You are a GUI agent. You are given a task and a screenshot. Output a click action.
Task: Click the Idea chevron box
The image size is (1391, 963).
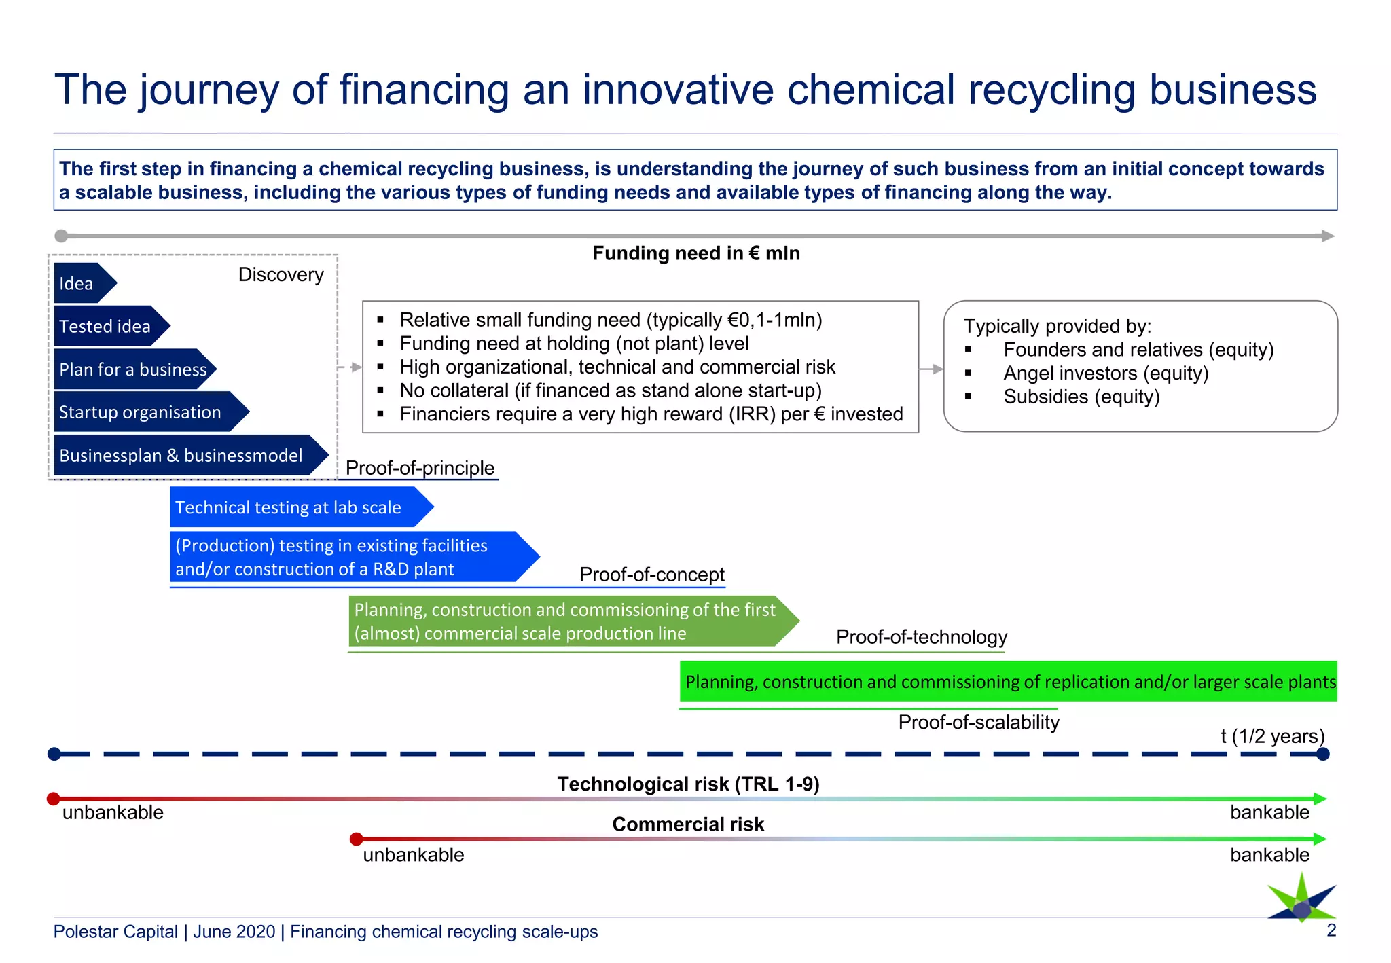point(80,283)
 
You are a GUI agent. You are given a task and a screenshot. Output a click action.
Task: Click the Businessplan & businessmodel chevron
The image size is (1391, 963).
point(183,455)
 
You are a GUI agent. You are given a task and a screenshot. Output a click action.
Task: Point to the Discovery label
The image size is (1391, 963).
point(281,274)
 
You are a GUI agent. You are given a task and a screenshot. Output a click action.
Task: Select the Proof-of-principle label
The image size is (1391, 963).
point(420,468)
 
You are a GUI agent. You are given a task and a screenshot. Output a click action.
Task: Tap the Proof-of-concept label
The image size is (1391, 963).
point(651,575)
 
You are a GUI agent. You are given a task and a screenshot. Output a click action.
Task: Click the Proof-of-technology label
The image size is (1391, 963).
point(921,637)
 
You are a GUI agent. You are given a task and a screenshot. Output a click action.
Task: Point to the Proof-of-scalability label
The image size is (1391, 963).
point(978,722)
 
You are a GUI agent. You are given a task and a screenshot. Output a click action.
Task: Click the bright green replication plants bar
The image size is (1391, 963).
point(1008,681)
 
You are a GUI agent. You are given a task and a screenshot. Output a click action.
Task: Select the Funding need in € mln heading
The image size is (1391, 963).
point(695,253)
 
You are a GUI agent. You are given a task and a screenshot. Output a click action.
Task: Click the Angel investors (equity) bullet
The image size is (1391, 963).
point(1105,374)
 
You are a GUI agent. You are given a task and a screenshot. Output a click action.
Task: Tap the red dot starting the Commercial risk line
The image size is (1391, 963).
point(356,839)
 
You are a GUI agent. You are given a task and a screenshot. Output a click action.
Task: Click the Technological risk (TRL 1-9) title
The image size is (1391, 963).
point(688,784)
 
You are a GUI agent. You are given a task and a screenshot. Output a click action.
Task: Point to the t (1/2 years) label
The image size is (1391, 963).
point(1271,736)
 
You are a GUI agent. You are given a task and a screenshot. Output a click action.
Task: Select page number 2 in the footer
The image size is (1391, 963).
point(1331,930)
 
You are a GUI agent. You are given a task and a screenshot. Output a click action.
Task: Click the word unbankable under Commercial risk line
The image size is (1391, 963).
point(413,855)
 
